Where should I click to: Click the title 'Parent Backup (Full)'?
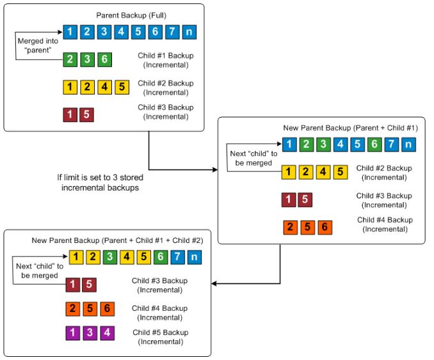(x=131, y=15)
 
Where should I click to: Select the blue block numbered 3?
(x=104, y=30)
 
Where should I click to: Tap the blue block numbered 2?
(x=88, y=30)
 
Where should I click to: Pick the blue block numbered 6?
(x=154, y=30)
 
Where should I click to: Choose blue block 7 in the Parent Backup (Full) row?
(x=171, y=30)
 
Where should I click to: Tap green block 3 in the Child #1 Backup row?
(x=88, y=59)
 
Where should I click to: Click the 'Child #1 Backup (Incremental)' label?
(x=165, y=59)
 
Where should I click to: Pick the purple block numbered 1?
(x=72, y=333)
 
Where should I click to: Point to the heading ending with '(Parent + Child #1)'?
(x=350, y=129)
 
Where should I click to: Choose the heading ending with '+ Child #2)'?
(x=117, y=240)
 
